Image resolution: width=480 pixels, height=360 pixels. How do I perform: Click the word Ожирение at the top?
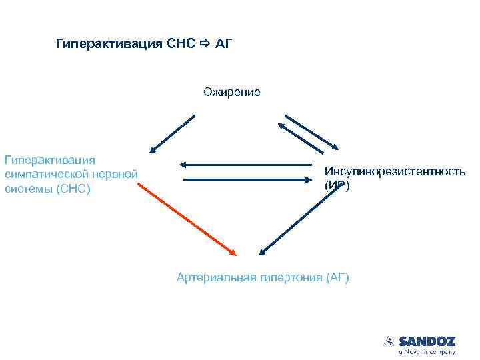(x=232, y=92)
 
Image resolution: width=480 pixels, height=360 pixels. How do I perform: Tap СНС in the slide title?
(x=181, y=45)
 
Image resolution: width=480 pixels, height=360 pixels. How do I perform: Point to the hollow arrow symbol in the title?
(x=204, y=45)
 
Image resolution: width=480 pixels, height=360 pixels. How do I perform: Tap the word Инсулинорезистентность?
(x=395, y=172)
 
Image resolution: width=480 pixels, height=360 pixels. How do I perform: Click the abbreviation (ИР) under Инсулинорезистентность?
(x=337, y=186)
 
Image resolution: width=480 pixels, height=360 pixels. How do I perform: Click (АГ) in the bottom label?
(x=337, y=277)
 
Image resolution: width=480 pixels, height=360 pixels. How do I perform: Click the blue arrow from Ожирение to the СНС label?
(x=172, y=134)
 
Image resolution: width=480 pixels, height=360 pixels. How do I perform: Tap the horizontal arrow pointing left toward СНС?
(x=247, y=164)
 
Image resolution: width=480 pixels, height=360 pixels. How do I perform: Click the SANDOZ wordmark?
(x=427, y=341)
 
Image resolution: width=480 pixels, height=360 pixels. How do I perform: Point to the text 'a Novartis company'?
(x=427, y=351)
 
